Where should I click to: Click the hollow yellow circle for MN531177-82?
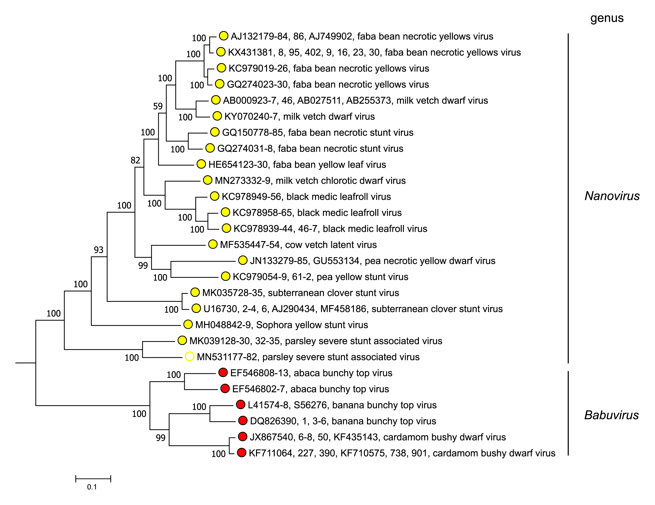(x=189, y=357)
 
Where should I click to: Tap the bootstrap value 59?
(x=158, y=106)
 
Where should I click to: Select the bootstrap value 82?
(x=135, y=160)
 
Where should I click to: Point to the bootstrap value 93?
(x=98, y=250)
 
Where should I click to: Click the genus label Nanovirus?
(x=612, y=196)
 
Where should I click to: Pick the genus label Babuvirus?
(x=611, y=415)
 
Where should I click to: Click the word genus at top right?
(x=607, y=18)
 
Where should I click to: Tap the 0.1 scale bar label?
(x=92, y=487)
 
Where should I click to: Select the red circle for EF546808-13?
(x=223, y=372)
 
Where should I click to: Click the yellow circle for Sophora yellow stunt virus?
(x=188, y=324)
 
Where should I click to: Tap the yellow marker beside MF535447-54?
(x=213, y=244)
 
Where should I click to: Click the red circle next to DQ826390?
(x=243, y=421)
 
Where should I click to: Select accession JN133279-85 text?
(x=279, y=261)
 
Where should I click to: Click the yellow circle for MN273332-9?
(x=208, y=180)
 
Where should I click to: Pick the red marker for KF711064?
(x=242, y=452)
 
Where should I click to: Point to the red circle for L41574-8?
(x=241, y=405)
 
